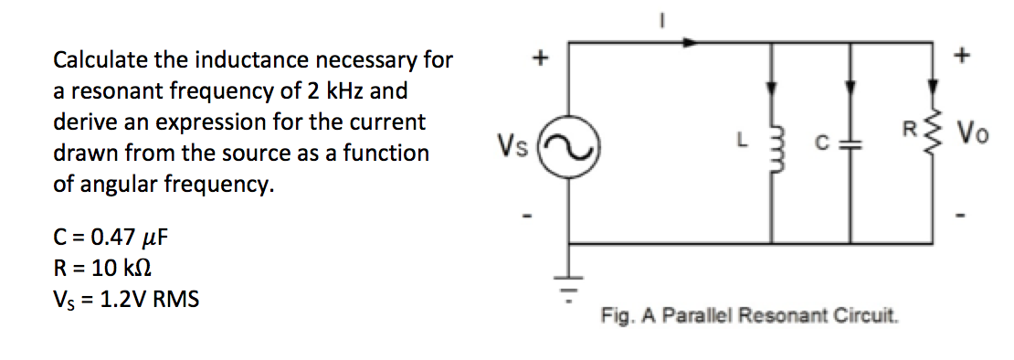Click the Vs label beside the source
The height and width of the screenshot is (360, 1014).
tap(512, 145)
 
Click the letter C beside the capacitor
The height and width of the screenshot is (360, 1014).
tap(822, 144)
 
